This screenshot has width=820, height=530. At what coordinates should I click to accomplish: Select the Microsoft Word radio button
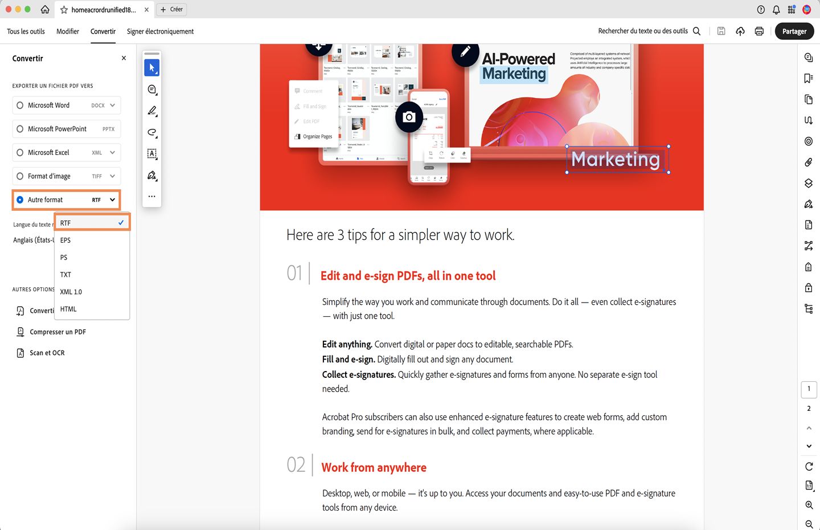20,105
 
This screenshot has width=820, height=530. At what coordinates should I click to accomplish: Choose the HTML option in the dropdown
68,309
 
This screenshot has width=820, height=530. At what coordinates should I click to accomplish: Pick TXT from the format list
66,275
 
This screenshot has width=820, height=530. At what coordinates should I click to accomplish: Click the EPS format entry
65,240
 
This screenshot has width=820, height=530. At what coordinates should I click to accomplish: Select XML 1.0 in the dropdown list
71,292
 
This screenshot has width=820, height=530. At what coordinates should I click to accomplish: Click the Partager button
794,31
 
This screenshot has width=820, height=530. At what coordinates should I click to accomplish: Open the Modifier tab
68,31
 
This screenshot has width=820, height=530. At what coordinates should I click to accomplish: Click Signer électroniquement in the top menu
160,31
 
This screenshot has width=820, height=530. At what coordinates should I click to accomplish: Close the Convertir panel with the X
124,58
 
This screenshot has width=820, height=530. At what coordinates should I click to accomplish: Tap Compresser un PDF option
58,332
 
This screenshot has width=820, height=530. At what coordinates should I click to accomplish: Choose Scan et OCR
47,353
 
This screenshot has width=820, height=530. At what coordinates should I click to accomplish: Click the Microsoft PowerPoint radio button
20,129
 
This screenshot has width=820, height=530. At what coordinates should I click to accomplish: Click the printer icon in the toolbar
759,31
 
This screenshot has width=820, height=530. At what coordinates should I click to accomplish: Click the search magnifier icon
696,31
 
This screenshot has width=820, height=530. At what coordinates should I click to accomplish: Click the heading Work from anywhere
374,467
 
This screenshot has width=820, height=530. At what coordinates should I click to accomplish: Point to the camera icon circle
409,117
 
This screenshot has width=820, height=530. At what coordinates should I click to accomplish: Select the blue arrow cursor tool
151,68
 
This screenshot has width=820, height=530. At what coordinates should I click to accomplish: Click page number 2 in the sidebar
809,409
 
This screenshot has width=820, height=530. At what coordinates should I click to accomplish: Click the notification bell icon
776,10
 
